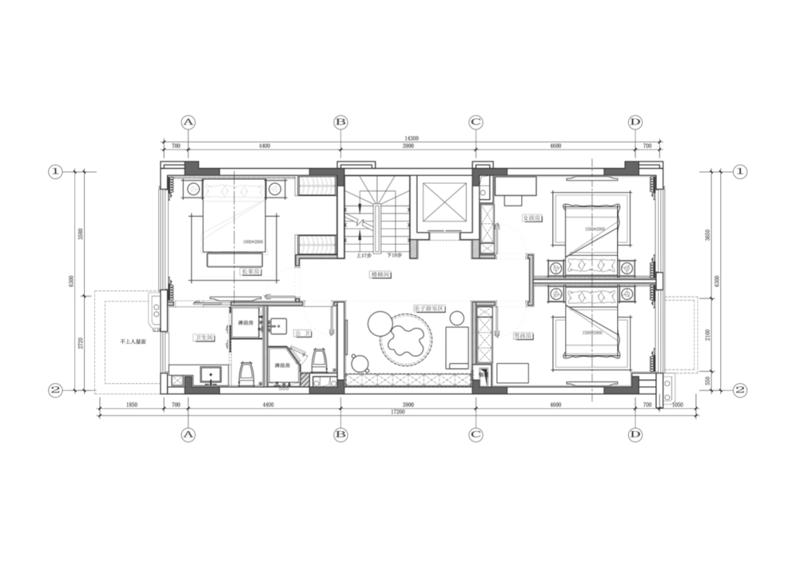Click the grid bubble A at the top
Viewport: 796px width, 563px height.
pyautogui.click(x=189, y=121)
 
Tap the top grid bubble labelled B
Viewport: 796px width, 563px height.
pyautogui.click(x=341, y=121)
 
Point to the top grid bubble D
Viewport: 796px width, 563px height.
pyautogui.click(x=636, y=121)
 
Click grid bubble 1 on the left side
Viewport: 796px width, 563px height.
pyautogui.click(x=55, y=172)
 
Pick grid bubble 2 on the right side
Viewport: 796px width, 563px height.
pyautogui.click(x=741, y=389)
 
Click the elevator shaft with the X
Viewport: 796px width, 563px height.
pyautogui.click(x=442, y=201)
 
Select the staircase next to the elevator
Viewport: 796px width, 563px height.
pyautogui.click(x=378, y=215)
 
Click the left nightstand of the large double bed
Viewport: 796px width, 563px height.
pyautogui.click(x=192, y=189)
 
